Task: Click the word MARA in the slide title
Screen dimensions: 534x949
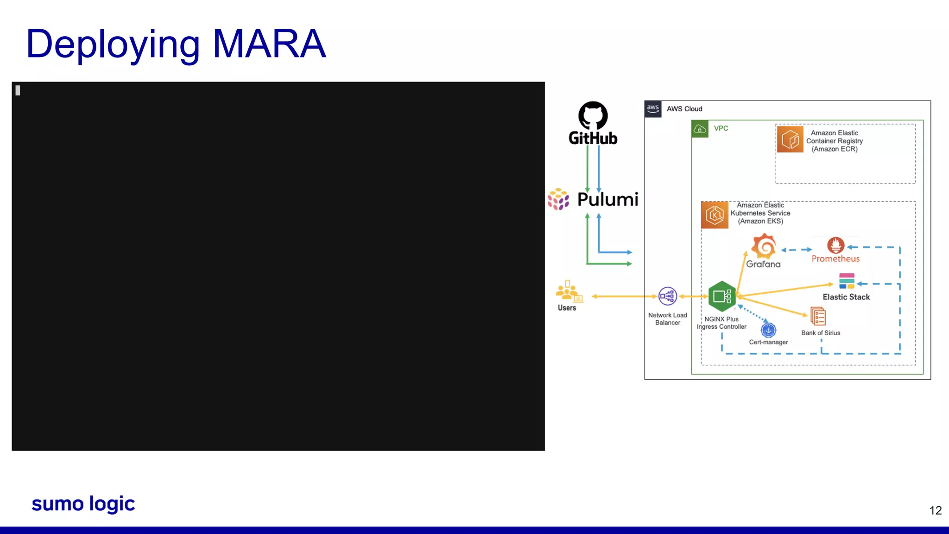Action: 269,44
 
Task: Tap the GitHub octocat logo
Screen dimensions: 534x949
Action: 593,115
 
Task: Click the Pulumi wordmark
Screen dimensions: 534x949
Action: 607,199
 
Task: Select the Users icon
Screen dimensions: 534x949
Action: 569,292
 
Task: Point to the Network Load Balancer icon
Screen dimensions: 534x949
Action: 667,296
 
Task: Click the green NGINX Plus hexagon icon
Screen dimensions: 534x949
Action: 721,296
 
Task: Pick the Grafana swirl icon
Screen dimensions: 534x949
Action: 763,246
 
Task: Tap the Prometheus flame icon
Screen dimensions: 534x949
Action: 835,245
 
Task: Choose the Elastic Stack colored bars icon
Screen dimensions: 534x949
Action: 847,281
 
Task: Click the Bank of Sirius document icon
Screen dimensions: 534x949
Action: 818,317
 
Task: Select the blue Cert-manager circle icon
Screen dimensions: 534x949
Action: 768,330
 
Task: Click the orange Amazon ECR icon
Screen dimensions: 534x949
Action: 790,139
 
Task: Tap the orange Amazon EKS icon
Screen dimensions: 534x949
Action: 715,215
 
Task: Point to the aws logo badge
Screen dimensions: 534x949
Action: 653,109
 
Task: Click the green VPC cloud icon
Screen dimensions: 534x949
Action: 700,128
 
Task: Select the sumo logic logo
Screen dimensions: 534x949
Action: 83,504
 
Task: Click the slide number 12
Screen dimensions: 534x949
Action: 935,510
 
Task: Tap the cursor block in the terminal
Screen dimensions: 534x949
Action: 18,90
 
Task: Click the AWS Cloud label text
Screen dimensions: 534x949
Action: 684,109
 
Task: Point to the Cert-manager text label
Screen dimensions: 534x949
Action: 768,342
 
